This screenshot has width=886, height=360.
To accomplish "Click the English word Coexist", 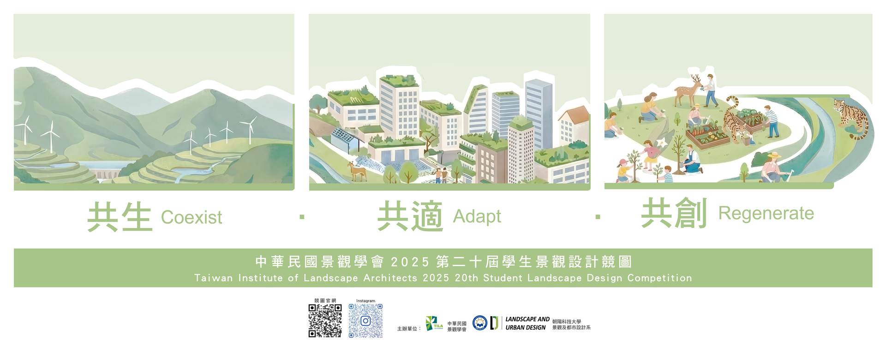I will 191,217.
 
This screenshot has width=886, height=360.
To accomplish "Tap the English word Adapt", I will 477,216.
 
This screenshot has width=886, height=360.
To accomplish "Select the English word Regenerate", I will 766,213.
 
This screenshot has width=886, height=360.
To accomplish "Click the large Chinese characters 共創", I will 674,213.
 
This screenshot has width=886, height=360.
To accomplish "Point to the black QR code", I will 325,320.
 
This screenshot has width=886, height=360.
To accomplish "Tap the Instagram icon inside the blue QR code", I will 365,320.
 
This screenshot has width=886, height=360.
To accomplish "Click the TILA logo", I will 434,324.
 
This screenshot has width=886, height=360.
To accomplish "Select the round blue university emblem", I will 480,323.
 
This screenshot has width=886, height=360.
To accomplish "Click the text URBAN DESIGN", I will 526,328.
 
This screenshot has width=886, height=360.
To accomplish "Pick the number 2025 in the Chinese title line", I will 410,262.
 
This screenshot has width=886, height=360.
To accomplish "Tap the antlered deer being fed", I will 686,91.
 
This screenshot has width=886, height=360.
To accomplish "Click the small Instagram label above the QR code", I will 365,301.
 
